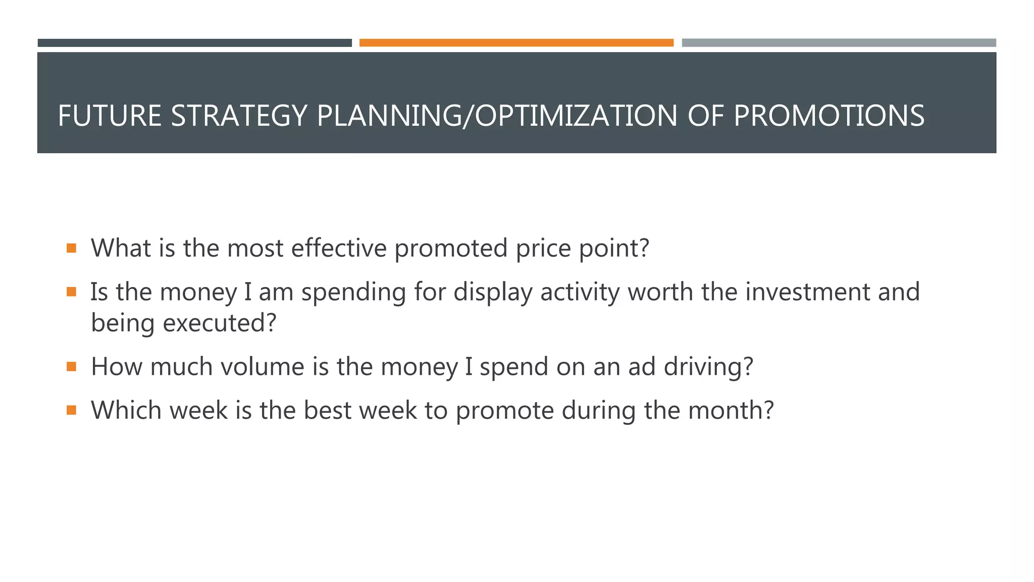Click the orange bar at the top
516,43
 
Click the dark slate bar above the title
194,43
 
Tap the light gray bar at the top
839,43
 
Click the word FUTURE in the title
110,116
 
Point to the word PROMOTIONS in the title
829,116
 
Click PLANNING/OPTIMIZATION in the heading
497,116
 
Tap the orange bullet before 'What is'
71,248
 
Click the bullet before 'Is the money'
71,292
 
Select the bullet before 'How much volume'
71,366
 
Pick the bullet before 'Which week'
71,410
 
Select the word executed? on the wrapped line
220,323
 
